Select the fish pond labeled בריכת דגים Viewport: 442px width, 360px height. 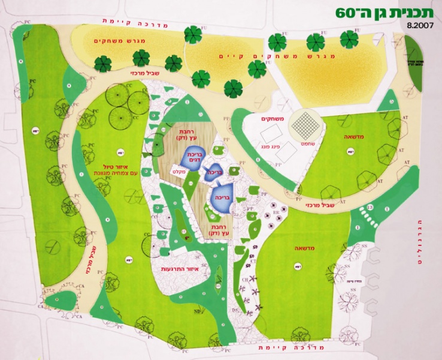tap(193, 158)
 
